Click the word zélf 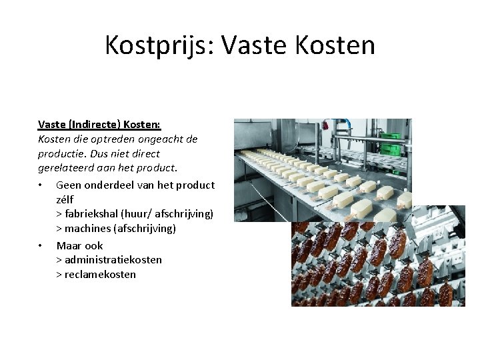65,199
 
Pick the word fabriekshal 92,213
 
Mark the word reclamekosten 100,274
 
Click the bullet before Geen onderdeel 41,185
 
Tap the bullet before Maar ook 41,245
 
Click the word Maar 69,244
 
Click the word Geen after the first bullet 68,184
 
